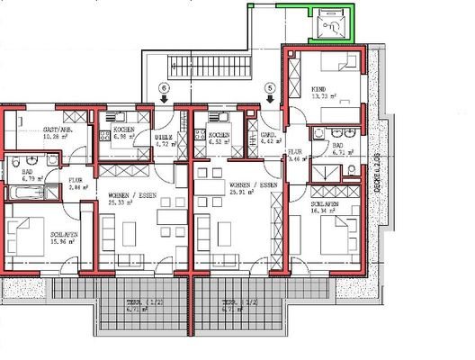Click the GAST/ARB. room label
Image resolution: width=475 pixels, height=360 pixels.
[58, 130]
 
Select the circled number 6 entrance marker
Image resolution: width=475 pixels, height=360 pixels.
[163, 87]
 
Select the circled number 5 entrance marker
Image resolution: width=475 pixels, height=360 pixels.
[270, 87]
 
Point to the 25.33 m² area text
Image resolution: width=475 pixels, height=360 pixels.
[124, 202]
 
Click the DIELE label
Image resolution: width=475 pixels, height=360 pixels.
[164, 136]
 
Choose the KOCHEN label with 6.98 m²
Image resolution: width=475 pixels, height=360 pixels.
[124, 130]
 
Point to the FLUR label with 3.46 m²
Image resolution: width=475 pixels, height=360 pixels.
[295, 152]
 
